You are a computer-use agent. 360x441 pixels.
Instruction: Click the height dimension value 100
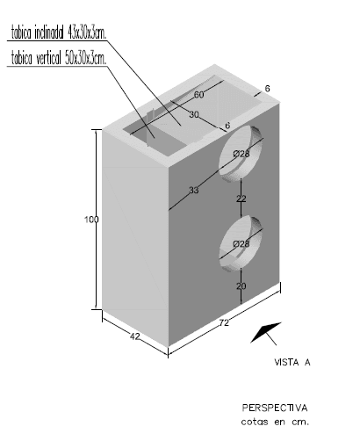(91, 220)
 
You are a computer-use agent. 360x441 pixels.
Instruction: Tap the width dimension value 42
(135, 336)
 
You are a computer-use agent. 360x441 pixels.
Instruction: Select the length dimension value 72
(224, 323)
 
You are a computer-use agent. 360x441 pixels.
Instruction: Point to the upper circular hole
(241, 154)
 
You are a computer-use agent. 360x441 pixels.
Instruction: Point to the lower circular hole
(241, 243)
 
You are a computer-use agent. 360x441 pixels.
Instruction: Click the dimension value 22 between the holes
(241, 199)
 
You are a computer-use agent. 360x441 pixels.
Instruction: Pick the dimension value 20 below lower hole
(241, 286)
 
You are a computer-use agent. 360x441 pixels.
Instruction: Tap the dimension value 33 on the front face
(194, 191)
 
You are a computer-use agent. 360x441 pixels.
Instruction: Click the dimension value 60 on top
(199, 95)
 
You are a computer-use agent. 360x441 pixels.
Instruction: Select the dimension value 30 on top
(194, 114)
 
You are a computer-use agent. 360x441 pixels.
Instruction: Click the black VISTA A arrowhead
(265, 332)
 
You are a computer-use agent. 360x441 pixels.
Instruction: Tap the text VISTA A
(292, 363)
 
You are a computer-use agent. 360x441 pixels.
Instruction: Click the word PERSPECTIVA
(275, 408)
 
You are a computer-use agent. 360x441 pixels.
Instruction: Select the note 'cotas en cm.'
(275, 422)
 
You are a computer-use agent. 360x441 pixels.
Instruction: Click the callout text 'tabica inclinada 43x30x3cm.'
(59, 33)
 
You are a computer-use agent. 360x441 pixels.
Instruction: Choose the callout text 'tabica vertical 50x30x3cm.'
(59, 58)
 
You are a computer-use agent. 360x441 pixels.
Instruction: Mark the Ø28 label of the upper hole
(241, 154)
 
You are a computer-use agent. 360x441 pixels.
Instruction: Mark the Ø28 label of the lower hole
(241, 243)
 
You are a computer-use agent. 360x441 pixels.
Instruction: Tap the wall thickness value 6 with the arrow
(267, 89)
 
